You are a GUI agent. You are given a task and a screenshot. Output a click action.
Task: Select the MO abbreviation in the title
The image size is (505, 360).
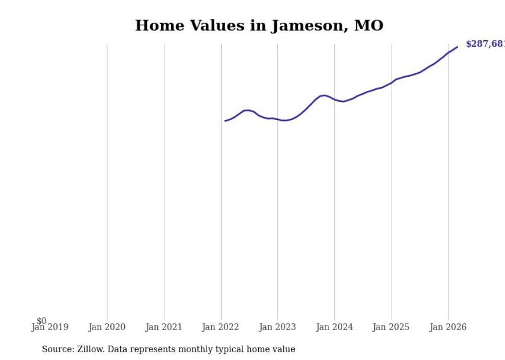[x=368, y=25]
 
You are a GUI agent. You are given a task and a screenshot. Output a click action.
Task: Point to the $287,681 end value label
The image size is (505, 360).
[x=484, y=44]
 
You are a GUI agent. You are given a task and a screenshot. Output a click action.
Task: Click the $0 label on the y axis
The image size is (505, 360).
[x=41, y=321]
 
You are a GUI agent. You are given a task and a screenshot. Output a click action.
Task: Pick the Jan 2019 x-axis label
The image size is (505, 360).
[x=49, y=327]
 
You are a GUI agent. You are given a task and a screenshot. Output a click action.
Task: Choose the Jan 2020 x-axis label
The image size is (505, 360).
[x=107, y=327]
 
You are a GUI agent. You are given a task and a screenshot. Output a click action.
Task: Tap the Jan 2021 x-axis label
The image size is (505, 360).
[x=164, y=327]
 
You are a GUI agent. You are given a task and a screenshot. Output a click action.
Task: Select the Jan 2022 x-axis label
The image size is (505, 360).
[x=221, y=327]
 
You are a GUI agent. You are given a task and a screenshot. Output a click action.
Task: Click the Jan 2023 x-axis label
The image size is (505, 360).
[x=277, y=327]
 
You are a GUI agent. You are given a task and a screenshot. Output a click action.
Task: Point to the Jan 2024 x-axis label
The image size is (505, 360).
[x=334, y=327]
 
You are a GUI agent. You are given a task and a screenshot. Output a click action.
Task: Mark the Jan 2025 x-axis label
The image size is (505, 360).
[x=391, y=327]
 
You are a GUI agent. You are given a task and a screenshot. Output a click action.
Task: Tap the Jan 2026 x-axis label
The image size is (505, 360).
[x=448, y=327]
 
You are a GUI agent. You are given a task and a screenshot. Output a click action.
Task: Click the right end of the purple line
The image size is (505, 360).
[x=457, y=47]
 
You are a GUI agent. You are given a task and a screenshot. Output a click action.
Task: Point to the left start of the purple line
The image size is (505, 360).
[x=225, y=121]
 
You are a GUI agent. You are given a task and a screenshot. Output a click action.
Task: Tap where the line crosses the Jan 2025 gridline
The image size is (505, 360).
[x=392, y=82]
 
